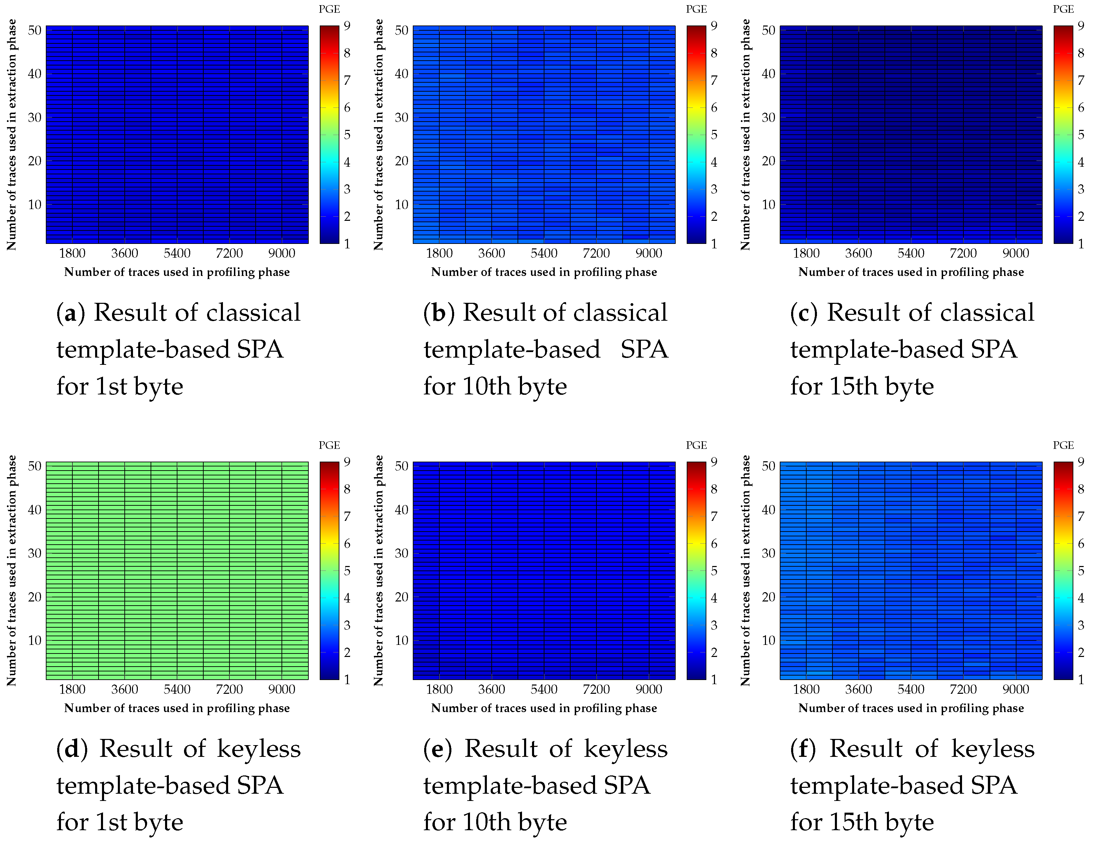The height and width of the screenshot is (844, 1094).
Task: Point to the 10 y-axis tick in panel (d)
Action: (x=34, y=640)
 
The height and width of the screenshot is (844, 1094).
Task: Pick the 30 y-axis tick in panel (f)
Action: (x=768, y=553)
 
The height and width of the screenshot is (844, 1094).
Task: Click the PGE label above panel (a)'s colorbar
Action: (x=329, y=9)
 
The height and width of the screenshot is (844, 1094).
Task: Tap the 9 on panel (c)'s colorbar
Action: (x=1081, y=25)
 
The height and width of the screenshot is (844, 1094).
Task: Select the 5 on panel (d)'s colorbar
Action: (x=347, y=570)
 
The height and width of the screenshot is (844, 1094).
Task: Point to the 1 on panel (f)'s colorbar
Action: (x=1081, y=679)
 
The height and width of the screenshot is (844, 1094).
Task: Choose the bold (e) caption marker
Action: (x=437, y=749)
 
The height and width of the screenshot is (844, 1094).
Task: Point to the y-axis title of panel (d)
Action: (x=11, y=570)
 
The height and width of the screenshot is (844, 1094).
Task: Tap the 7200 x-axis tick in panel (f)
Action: (x=963, y=689)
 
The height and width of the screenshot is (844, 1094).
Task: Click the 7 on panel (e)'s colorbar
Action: (x=714, y=516)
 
